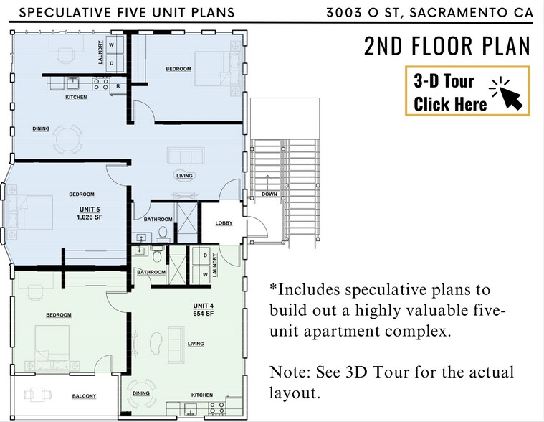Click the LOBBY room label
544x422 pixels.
coord(224,223)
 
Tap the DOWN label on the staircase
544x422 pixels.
coord(269,194)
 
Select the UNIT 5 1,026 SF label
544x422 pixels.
coord(90,213)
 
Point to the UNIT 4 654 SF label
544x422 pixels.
coord(204,309)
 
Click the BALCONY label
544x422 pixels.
coord(85,396)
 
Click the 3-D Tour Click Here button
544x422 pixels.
coord(467,90)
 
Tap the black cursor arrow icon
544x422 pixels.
coord(511,98)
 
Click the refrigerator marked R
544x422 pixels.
coord(118,86)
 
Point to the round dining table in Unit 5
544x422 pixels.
coord(68,139)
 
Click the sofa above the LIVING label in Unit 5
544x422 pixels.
coord(185,155)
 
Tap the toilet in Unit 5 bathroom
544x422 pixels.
coord(162,235)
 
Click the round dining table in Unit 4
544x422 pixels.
coord(141,394)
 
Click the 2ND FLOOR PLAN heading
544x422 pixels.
coord(447,46)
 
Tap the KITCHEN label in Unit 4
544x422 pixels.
coord(202,395)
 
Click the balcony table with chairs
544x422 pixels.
coord(38,395)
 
